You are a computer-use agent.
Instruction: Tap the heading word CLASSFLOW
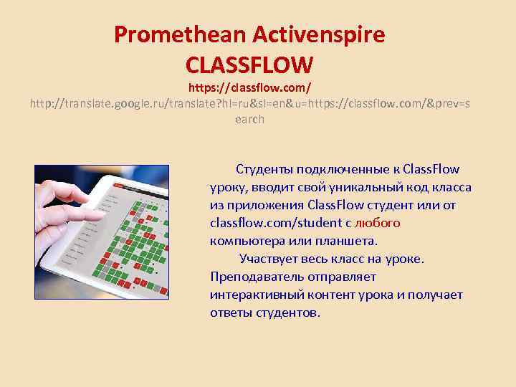point(249,65)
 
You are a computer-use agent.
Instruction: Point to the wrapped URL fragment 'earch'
point(249,120)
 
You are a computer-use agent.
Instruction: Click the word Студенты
point(262,170)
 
